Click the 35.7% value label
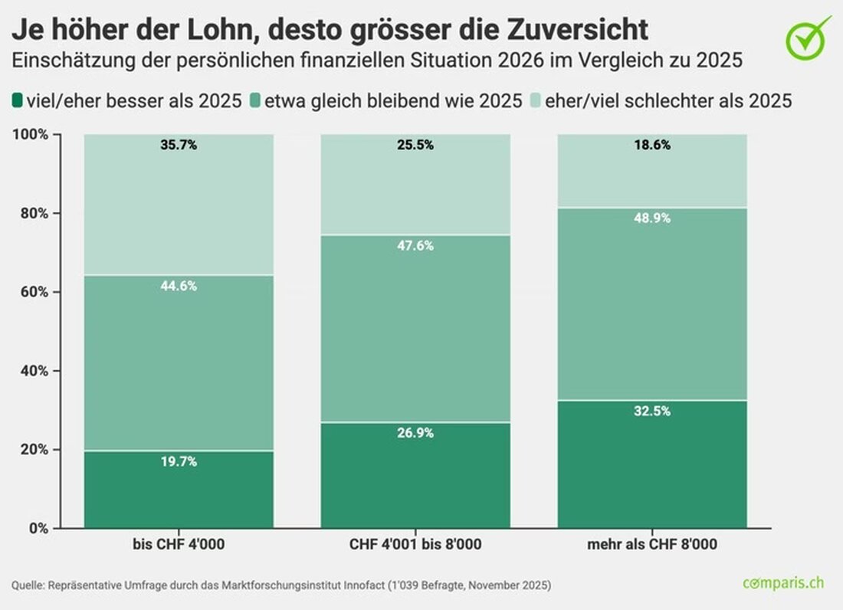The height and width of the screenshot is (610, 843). tap(179, 145)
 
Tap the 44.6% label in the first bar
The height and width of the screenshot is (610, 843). tap(179, 286)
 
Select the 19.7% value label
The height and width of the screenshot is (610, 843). tap(179, 461)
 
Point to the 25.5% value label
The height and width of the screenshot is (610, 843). tap(416, 145)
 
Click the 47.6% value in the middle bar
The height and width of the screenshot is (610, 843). tap(416, 245)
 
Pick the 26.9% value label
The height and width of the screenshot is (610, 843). tap(416, 433)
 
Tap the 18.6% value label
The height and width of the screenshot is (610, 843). tap(653, 145)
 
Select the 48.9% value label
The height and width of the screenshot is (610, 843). tap(653, 218)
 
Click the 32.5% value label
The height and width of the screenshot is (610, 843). tap(653, 411)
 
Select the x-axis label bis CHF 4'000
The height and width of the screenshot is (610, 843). tap(179, 545)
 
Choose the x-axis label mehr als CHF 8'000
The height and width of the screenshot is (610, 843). tap(653, 545)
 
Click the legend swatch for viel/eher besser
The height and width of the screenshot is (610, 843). tap(18, 100)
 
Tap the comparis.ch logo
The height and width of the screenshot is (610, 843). tap(782, 582)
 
